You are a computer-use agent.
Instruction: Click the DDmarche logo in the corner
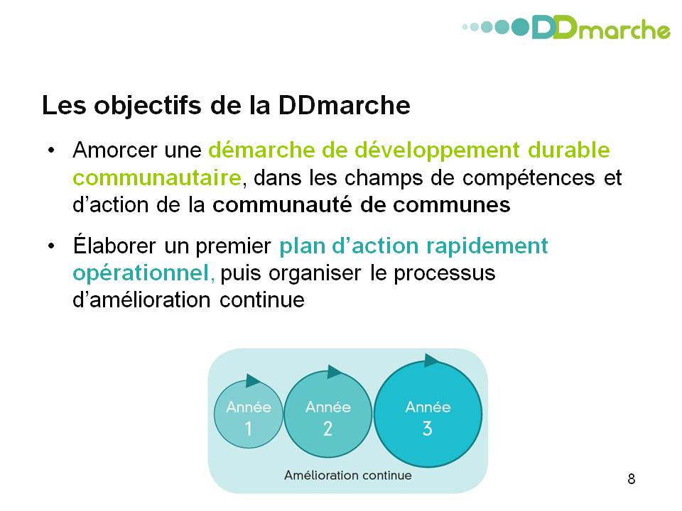click(x=566, y=28)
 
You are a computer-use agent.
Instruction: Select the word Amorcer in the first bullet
click(x=115, y=150)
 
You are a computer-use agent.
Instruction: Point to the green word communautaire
click(x=157, y=177)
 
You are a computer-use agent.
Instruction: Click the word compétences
click(x=528, y=178)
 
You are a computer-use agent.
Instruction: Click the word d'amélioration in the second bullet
click(x=142, y=300)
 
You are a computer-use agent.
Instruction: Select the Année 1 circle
click(x=249, y=415)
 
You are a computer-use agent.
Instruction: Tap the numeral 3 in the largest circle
click(x=427, y=429)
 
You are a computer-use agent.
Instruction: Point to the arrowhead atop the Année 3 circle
click(x=433, y=361)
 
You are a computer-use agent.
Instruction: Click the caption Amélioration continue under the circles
click(x=348, y=476)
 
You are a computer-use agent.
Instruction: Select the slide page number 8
click(x=631, y=479)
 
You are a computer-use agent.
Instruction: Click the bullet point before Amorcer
click(x=51, y=150)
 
